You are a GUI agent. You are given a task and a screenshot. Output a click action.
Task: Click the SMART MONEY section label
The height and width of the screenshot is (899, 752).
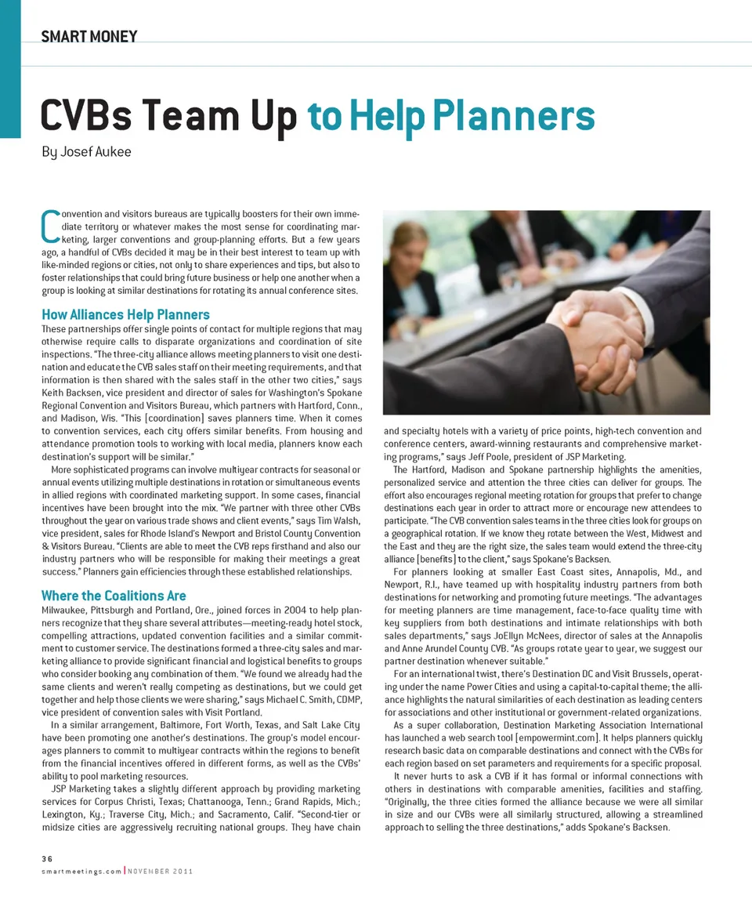pyautogui.click(x=89, y=36)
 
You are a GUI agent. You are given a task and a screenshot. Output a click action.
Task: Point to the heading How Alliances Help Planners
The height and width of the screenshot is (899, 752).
pyautogui.click(x=125, y=315)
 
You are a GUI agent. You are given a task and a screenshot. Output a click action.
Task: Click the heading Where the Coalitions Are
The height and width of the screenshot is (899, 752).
pyautogui.click(x=114, y=596)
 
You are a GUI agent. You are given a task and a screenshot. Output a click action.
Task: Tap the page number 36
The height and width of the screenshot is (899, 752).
pyautogui.click(x=47, y=859)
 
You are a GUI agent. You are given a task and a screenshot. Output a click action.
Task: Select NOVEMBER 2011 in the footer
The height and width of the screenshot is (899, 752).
pyautogui.click(x=161, y=872)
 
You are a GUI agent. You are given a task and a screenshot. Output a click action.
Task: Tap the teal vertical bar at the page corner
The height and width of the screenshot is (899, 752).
pyautogui.click(x=10, y=69)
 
